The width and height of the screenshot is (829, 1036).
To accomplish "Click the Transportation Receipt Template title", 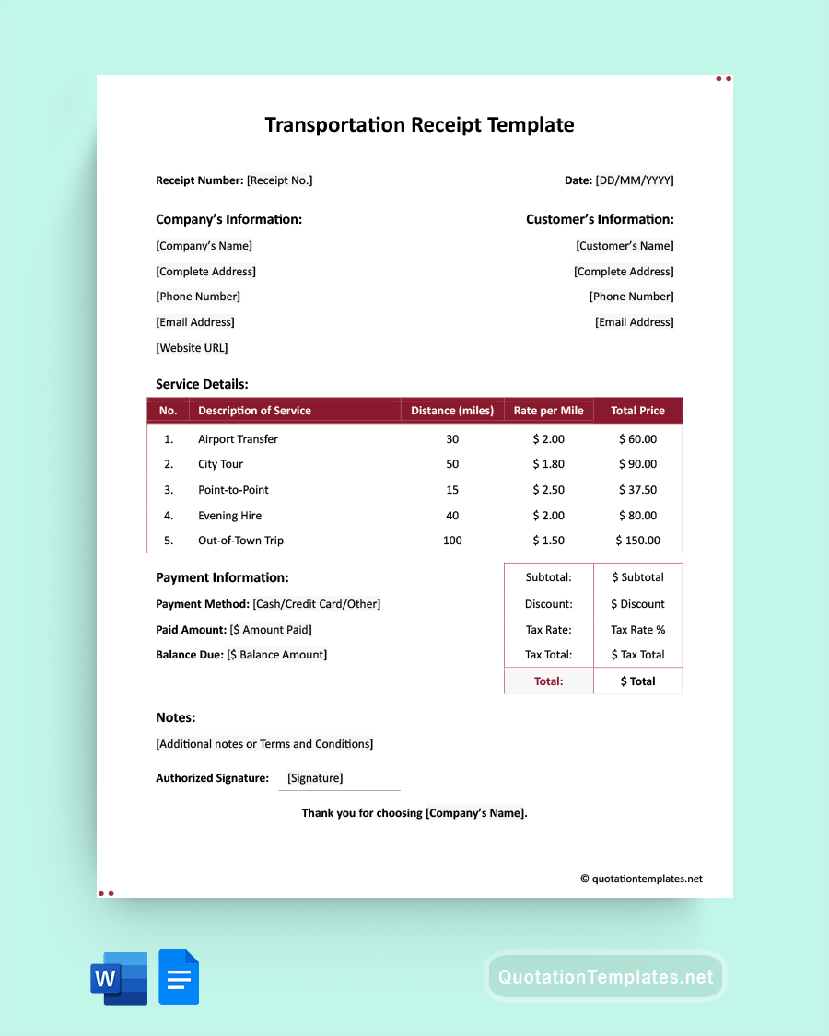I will click(419, 125).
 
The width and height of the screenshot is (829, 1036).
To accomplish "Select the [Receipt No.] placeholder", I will click(279, 180).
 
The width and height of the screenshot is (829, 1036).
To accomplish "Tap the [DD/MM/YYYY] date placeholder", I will click(635, 180).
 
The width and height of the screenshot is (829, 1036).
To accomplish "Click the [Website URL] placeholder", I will click(192, 348).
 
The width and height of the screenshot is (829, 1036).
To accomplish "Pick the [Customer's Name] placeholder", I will click(625, 246).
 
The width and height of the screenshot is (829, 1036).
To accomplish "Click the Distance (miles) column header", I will click(451, 411).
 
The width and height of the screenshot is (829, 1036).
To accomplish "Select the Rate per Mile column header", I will click(548, 411).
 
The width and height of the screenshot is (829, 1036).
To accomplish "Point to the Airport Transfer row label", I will click(238, 439).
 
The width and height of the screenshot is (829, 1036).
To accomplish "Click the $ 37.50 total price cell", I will click(637, 490).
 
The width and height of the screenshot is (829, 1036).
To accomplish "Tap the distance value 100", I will click(452, 541).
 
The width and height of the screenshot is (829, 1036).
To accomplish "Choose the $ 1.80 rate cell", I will click(548, 464).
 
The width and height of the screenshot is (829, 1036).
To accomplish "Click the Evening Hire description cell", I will click(230, 516).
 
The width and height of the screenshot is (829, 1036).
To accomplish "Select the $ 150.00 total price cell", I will click(637, 541).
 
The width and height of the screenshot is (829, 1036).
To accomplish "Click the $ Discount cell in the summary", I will click(637, 604).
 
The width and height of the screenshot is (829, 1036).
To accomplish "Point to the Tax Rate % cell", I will click(637, 630).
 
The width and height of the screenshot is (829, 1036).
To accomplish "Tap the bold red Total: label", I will click(548, 681).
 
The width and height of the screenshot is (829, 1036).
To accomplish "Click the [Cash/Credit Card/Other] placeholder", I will click(316, 604).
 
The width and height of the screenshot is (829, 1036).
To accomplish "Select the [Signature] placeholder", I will click(315, 778).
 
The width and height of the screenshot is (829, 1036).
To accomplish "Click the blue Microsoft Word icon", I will click(119, 978).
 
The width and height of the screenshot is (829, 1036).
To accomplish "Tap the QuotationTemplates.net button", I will click(605, 977).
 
